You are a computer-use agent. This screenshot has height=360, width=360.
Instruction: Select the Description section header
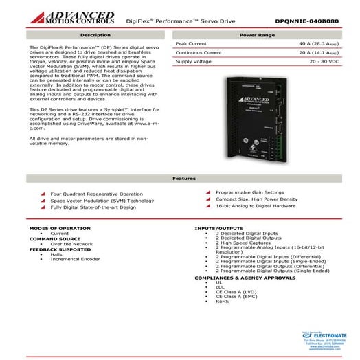(x=95, y=34)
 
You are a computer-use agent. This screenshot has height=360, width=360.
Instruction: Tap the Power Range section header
(x=258, y=34)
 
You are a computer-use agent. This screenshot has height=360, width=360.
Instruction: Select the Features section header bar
(x=179, y=178)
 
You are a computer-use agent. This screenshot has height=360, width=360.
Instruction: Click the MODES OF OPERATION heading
(x=60, y=228)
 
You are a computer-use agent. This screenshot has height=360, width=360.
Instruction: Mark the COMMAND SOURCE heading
(x=56, y=238)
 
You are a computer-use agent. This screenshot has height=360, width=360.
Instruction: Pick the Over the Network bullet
(x=71, y=244)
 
